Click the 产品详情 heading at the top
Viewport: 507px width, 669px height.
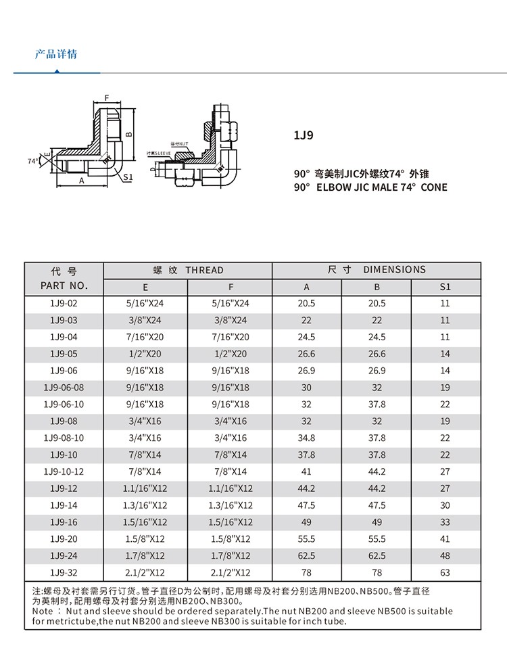(55, 53)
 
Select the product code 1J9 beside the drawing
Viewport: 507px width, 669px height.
(303, 135)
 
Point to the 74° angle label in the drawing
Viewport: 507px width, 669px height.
(32, 161)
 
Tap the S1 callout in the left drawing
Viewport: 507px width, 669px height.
(128, 177)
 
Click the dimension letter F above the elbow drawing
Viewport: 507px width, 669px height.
(106, 98)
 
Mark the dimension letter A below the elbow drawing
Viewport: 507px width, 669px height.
(81, 181)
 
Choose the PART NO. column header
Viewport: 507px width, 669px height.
(64, 286)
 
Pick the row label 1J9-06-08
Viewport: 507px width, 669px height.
(64, 388)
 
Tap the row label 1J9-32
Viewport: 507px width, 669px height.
(64, 573)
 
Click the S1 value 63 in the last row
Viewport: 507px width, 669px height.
(445, 573)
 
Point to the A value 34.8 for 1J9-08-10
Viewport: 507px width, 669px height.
(306, 438)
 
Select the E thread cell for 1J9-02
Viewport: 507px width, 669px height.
(145, 304)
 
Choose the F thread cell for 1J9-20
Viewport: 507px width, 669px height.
(231, 539)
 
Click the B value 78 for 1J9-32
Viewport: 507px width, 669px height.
(377, 573)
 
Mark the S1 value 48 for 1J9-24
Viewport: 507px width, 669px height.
(445, 556)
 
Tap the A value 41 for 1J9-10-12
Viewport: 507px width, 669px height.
(306, 471)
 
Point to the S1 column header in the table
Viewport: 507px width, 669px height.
(445, 287)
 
